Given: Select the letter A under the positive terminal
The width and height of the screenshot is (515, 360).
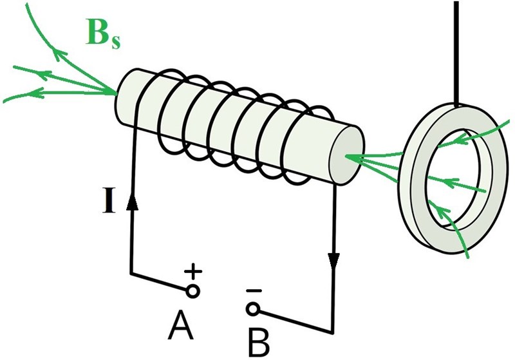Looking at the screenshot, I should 181,327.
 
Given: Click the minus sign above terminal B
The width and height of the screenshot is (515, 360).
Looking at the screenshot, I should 254,292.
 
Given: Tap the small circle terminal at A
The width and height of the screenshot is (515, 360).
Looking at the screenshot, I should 192,291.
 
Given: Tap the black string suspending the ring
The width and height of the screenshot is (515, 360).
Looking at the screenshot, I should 456,52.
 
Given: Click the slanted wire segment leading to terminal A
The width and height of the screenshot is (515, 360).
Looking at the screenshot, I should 161,283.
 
